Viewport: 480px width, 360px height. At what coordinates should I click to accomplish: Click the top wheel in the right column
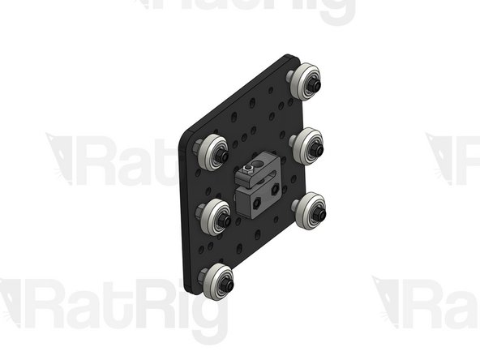pyautogui.click(x=306, y=80)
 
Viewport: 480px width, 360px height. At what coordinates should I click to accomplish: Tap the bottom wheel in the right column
pyautogui.click(x=310, y=212)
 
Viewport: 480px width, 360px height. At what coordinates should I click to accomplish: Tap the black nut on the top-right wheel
pyautogui.click(x=315, y=84)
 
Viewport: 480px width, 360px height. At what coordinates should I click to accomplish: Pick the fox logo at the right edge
pyautogui.click(x=447, y=156)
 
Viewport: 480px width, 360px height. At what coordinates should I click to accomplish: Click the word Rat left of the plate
pyautogui.click(x=130, y=161)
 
